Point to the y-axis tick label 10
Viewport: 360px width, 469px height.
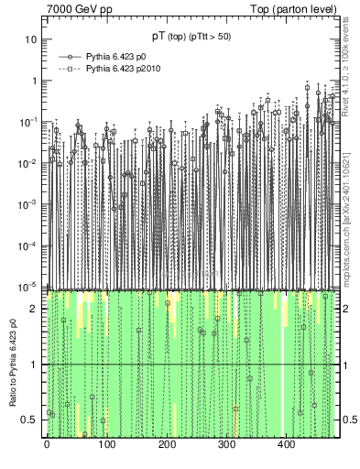pos(31,39)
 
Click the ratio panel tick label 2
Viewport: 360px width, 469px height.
pos(34,309)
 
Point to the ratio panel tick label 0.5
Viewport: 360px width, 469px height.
pos(30,420)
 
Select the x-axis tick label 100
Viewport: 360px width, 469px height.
pos(106,445)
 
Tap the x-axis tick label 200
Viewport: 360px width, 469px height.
pos(166,445)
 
